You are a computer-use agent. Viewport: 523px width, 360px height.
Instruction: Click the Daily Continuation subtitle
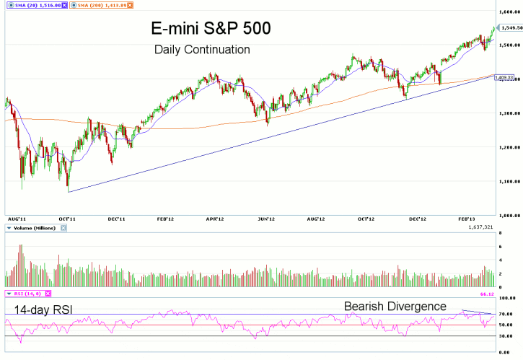[x=202, y=51]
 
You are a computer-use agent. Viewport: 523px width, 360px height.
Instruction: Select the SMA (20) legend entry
[x=35, y=5]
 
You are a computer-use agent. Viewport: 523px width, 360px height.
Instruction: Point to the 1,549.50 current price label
[x=510, y=27]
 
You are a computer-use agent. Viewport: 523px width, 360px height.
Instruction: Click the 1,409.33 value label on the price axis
[x=504, y=77]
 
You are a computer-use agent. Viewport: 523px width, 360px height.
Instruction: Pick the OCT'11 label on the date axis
[x=67, y=218]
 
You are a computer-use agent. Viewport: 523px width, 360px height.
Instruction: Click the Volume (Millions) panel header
[x=35, y=228]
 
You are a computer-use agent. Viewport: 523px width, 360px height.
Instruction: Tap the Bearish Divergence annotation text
[x=395, y=306]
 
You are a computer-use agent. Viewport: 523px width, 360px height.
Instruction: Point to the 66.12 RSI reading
[x=505, y=294]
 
